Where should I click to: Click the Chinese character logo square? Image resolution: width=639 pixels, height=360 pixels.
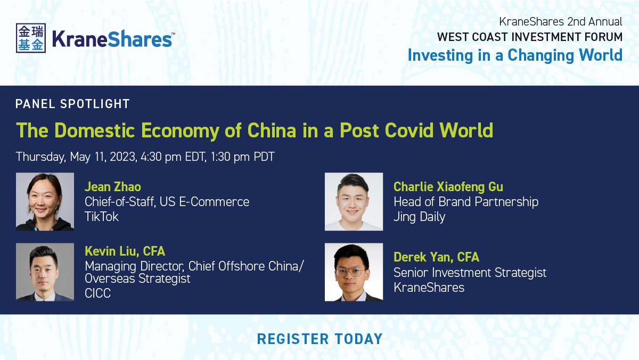(31, 38)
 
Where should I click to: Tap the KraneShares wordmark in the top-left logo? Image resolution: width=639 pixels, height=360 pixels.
(112, 39)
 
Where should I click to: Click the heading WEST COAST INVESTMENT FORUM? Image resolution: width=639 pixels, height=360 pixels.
(529, 37)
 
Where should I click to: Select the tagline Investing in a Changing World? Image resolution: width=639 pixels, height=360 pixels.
(515, 55)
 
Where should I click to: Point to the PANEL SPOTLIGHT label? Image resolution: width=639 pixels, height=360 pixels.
(73, 104)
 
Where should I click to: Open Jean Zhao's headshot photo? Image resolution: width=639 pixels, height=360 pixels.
(45, 202)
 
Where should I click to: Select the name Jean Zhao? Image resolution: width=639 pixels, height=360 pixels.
(113, 187)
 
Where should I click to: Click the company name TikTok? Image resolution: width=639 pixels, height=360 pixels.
(102, 217)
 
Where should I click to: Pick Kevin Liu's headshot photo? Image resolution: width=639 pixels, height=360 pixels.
(45, 272)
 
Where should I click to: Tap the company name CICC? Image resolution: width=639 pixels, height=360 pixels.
(98, 293)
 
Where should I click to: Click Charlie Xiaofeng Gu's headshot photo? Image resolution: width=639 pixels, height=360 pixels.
(354, 202)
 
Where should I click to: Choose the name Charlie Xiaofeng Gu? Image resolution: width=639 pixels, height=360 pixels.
(448, 187)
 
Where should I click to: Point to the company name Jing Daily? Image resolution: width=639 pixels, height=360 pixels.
(419, 217)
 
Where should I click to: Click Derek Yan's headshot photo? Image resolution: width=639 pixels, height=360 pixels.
(354, 272)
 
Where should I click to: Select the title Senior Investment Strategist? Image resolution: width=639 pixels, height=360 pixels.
(470, 273)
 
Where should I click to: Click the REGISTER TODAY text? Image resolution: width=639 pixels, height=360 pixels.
(319, 339)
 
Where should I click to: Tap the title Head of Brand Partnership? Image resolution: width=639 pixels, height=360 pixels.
(466, 202)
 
